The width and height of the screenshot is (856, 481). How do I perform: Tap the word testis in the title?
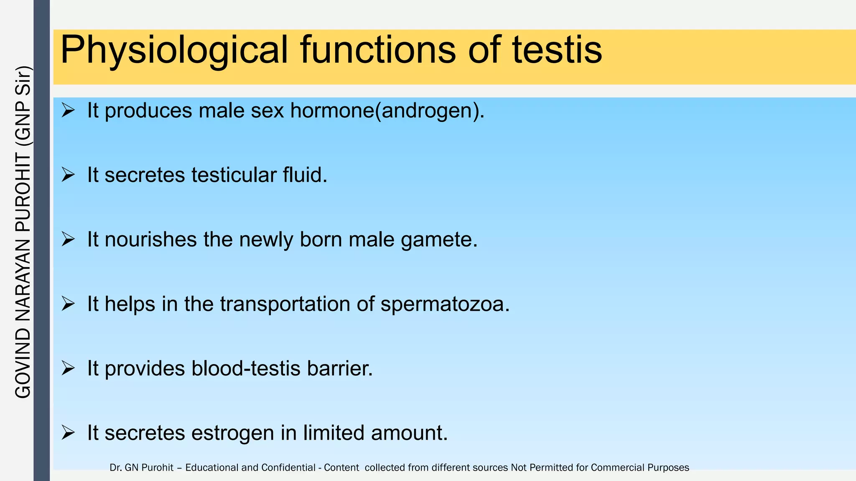click(557, 50)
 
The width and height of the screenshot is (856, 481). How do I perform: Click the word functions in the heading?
click(378, 50)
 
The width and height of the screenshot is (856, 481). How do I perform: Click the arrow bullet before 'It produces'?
click(68, 111)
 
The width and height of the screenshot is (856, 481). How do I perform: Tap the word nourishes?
click(150, 240)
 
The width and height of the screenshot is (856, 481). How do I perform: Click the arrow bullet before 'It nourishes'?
click(68, 240)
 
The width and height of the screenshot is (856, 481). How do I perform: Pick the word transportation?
click(285, 304)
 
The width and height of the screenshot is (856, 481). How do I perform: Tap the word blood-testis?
click(246, 369)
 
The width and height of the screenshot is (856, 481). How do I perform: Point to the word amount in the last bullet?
click(409, 433)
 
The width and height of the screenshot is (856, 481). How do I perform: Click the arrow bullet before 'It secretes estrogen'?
click(68, 433)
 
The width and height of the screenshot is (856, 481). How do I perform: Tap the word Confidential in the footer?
click(288, 468)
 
